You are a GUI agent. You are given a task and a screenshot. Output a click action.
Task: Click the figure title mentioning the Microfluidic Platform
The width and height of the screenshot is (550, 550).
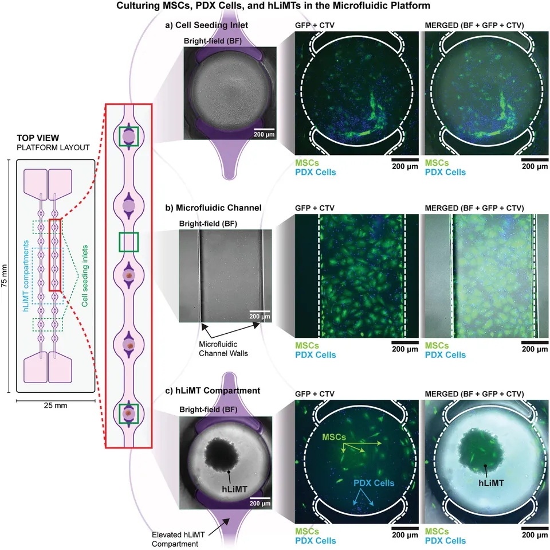273,6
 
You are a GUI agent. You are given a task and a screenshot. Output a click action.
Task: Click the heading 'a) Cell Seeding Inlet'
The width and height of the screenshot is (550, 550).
207,25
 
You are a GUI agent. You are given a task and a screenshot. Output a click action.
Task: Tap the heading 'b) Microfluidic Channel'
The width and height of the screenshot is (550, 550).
213,208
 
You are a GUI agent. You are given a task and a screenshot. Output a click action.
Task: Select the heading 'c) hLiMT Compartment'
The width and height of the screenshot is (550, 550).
213,391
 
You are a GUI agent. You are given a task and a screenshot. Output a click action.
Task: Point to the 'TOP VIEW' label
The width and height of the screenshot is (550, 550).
38,138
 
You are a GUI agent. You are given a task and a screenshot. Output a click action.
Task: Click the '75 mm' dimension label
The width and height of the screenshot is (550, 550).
5,276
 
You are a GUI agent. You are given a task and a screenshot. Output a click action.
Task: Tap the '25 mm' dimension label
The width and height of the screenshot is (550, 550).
56,405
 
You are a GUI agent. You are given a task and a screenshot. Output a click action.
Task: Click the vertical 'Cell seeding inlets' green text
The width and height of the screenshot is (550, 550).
85,276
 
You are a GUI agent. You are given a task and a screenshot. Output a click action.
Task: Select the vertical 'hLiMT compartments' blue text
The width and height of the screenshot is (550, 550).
26,276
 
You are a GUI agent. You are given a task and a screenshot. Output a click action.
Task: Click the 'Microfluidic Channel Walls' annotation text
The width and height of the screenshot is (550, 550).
223,349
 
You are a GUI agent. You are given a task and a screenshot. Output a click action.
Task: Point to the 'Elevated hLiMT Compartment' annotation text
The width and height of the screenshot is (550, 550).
178,539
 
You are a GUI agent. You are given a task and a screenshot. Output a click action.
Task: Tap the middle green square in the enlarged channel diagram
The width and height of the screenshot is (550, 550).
129,242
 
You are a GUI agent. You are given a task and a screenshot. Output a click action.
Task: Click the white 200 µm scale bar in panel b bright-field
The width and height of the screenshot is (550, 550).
260,311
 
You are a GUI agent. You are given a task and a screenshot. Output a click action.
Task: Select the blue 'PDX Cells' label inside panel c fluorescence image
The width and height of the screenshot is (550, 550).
374,483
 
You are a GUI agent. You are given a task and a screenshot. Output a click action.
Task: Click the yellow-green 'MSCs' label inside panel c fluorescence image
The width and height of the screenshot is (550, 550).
334,437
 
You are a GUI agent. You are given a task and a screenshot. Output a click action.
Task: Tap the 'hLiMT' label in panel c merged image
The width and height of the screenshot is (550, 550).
491,483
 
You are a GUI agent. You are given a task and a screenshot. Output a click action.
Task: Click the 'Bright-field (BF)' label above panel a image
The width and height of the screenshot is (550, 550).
213,41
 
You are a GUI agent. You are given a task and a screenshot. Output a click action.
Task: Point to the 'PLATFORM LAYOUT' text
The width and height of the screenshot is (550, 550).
53,147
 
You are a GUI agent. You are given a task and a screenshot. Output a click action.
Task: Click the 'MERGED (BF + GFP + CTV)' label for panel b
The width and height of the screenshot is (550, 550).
474,208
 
